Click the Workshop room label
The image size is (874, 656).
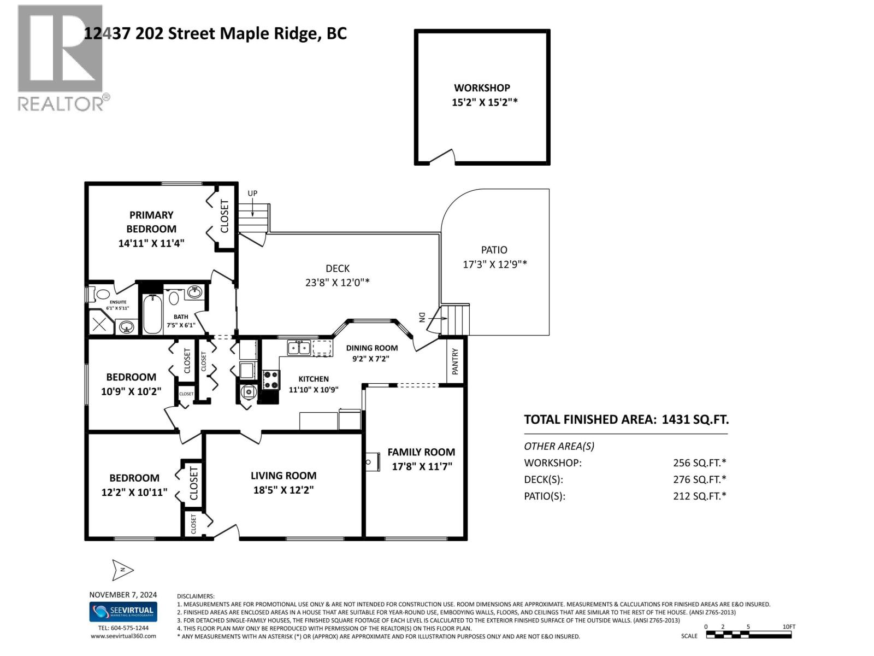[x=482, y=87]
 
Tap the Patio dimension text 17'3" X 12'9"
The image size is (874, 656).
[x=494, y=265]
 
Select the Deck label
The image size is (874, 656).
[x=338, y=268]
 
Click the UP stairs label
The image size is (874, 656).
[x=252, y=194]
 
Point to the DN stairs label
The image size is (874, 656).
[x=422, y=318]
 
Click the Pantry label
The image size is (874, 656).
[x=455, y=361]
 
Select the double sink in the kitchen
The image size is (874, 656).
[x=299, y=348]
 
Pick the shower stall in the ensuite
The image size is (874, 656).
[x=101, y=324]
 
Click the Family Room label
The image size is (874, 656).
[x=421, y=452]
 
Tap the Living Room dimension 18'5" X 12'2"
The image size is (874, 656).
[x=284, y=490]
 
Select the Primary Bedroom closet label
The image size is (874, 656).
[x=225, y=216]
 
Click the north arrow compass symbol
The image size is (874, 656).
[x=123, y=570]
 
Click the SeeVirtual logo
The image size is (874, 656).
[x=123, y=611]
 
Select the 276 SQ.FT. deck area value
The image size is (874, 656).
[x=699, y=479]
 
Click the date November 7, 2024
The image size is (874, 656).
[x=123, y=595]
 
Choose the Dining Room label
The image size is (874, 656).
[x=371, y=348]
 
